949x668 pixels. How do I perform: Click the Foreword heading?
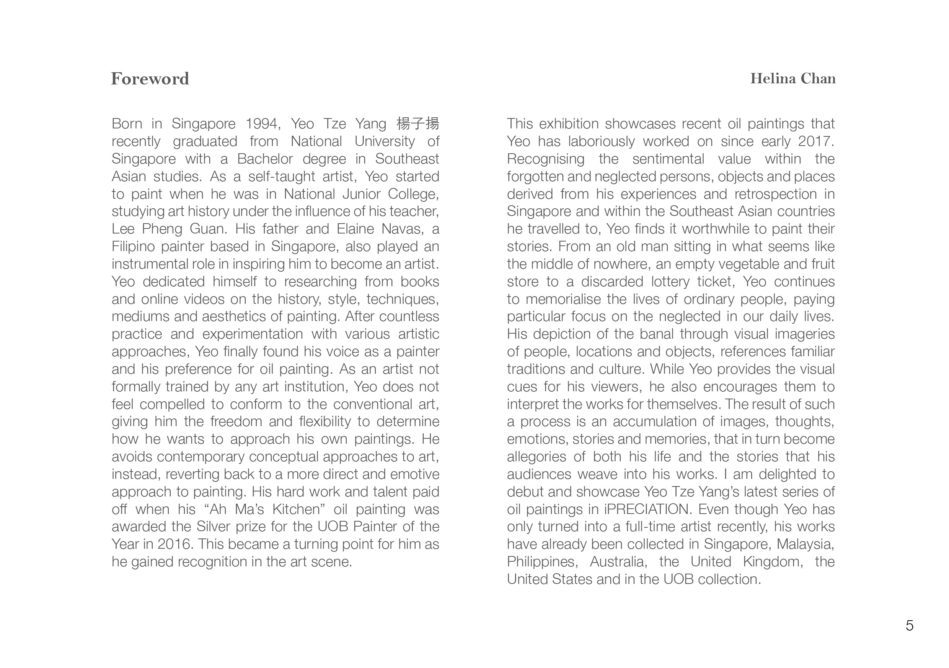(150, 78)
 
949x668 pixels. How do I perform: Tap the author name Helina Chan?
(792, 78)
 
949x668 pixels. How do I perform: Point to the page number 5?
(909, 625)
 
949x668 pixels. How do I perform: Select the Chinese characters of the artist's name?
(417, 123)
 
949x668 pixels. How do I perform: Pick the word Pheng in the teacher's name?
(162, 229)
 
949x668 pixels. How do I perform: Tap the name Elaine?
(355, 229)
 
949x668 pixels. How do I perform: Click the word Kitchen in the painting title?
(298, 509)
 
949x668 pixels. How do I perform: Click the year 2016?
(174, 544)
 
